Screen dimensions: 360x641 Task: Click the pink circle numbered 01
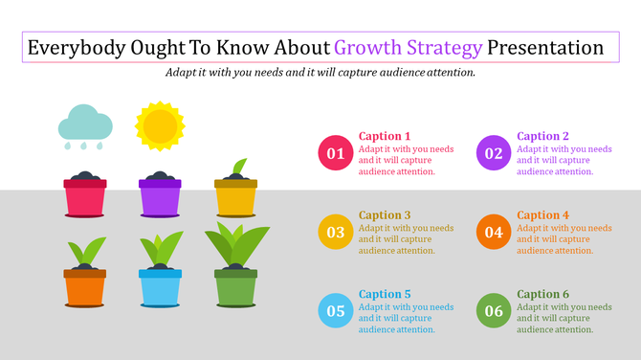pyautogui.click(x=336, y=152)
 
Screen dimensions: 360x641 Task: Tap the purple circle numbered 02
pyautogui.click(x=494, y=152)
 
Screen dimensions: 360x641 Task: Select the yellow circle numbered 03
pyautogui.click(x=336, y=231)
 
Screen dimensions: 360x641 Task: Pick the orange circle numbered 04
pyautogui.click(x=494, y=231)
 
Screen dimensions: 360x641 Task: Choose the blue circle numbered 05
pyautogui.click(x=336, y=309)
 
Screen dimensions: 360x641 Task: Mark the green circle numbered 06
pyautogui.click(x=494, y=309)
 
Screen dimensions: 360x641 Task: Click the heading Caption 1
pyautogui.click(x=385, y=136)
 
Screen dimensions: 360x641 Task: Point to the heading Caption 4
pyautogui.click(x=542, y=215)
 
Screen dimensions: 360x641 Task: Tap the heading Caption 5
pyautogui.click(x=385, y=294)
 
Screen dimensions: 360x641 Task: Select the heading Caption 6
pyautogui.click(x=542, y=294)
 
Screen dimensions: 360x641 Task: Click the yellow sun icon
pyautogui.click(x=159, y=126)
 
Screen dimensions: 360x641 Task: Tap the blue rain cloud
pyautogui.click(x=86, y=125)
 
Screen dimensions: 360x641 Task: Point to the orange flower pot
pyautogui.click(x=84, y=286)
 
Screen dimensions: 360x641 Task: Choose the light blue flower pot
pyautogui.click(x=160, y=286)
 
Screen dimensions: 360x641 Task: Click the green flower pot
pyautogui.click(x=235, y=286)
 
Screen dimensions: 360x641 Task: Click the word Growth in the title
pyautogui.click(x=369, y=48)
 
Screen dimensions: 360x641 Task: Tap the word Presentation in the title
pyautogui.click(x=544, y=48)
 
